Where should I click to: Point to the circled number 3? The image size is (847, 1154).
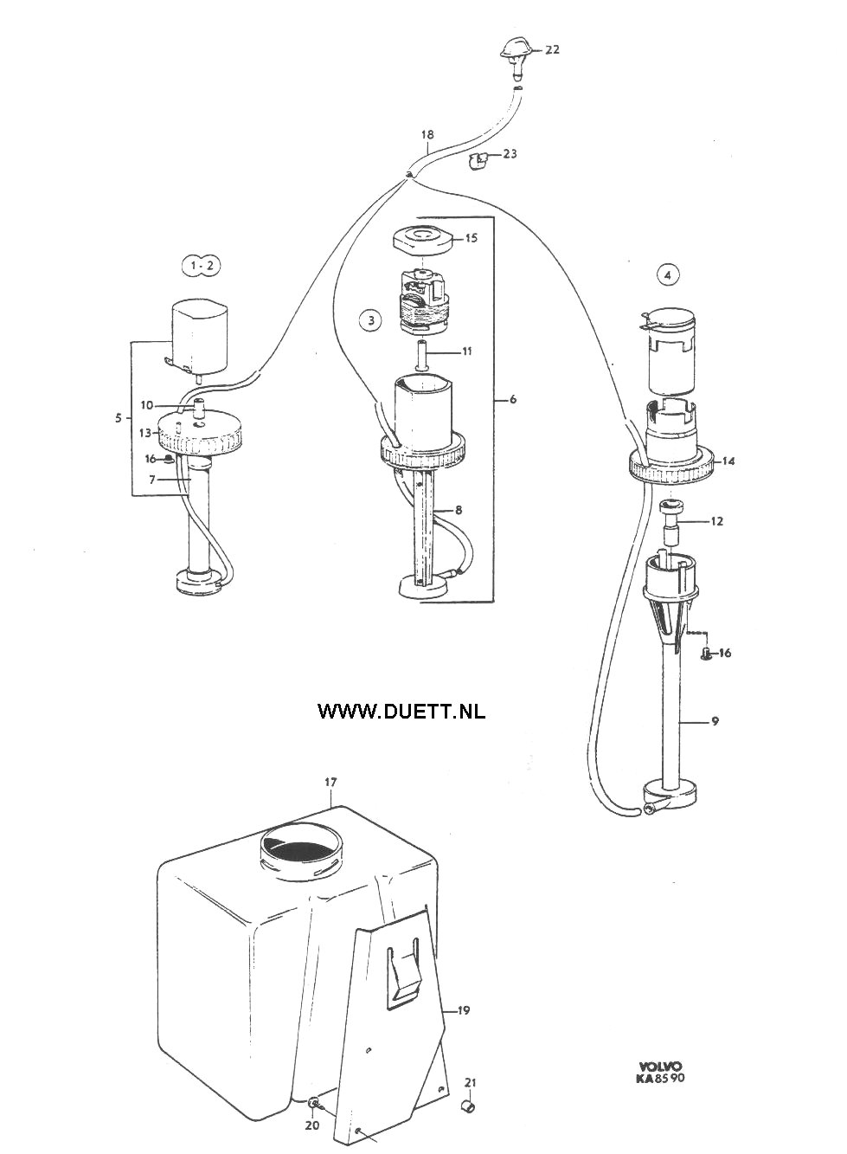(x=370, y=320)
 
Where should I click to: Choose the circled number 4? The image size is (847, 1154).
(x=668, y=275)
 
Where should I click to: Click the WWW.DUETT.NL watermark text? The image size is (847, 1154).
(x=401, y=711)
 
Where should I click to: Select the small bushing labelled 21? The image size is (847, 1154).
(x=469, y=1104)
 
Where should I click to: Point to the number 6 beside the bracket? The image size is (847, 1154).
(x=513, y=399)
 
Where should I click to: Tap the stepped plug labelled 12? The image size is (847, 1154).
(x=671, y=525)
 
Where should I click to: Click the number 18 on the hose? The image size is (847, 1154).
(x=427, y=135)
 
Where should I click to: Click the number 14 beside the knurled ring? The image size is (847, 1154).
(x=728, y=461)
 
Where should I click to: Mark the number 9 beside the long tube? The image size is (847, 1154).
(x=715, y=721)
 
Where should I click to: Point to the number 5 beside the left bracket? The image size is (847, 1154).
(x=119, y=418)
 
